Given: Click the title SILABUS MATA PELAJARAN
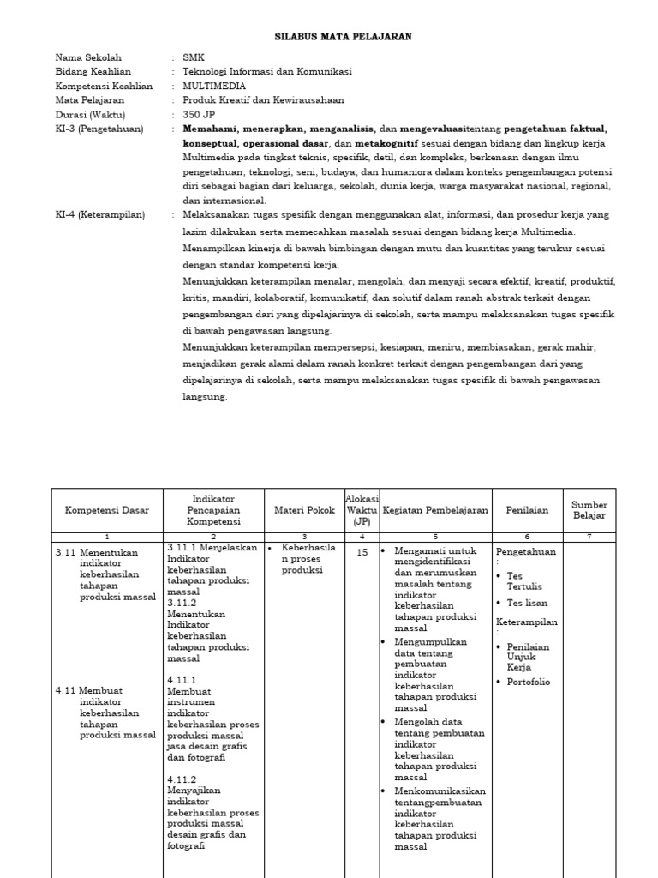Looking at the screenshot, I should point(343,37).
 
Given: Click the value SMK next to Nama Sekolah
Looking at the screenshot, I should point(194,57).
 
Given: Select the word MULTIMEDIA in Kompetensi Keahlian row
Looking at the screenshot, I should point(214,87).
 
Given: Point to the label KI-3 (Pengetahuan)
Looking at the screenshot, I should point(98,129).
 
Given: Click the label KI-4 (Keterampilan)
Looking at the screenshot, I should point(100,214).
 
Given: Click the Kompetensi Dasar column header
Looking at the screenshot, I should point(107,510).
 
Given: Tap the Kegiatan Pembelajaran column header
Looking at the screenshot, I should point(435,510).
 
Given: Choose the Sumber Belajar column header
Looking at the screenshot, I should point(589,510).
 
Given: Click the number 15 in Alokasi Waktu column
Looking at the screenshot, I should point(362,553).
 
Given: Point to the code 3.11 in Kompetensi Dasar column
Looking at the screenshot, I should point(65,553).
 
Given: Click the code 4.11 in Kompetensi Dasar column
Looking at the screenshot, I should point(65,689).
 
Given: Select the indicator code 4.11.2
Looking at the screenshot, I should point(182,779).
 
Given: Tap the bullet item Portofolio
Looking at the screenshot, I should point(529,683).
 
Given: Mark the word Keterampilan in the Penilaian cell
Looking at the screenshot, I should point(526,622).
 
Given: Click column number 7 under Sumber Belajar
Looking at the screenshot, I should point(589,536).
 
